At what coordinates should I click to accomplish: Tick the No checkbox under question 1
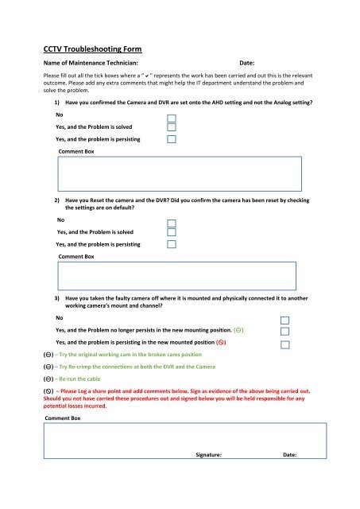click(171, 115)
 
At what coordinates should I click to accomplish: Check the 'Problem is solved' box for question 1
click(171, 126)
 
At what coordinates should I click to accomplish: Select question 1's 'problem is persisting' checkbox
click(171, 138)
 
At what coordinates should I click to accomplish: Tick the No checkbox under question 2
click(171, 222)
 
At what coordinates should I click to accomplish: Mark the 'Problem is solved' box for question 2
click(171, 233)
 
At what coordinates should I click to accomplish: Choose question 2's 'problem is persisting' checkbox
click(171, 245)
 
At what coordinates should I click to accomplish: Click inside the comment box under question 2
click(176, 276)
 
